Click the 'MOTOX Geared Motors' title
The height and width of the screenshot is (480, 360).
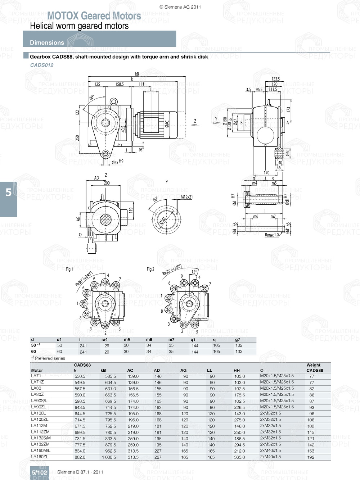point(94,16)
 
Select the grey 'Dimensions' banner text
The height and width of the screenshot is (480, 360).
point(47,42)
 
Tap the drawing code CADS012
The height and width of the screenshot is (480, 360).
point(42,65)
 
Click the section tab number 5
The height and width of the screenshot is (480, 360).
point(9,193)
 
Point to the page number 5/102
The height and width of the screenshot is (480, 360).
point(39,472)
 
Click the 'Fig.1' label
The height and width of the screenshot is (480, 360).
point(69,269)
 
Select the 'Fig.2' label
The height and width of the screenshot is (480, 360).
point(150,269)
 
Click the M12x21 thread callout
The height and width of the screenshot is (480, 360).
point(186,197)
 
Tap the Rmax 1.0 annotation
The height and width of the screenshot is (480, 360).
point(272,235)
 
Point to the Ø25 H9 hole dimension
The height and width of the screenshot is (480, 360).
point(117,162)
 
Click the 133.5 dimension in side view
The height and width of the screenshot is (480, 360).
point(275,79)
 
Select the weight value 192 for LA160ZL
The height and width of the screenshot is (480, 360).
point(311,457)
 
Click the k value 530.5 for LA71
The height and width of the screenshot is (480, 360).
point(80,376)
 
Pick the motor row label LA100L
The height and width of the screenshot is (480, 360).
point(39,413)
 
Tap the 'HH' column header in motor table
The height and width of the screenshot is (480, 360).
point(237,370)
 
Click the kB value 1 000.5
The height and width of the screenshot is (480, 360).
point(108,457)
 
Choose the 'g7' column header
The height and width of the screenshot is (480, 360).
point(238,339)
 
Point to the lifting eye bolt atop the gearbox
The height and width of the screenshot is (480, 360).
point(114,102)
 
